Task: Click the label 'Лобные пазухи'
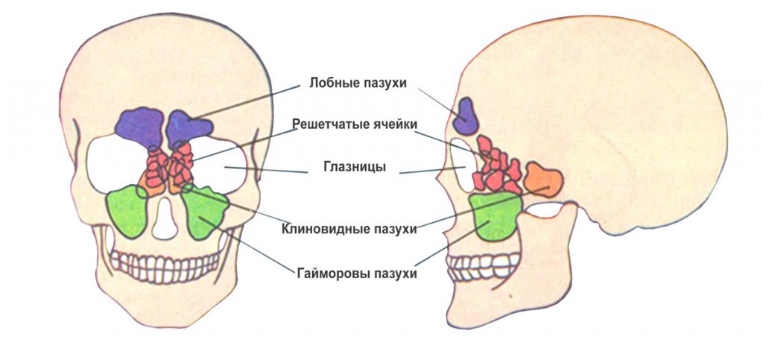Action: click(358, 83)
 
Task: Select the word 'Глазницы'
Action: click(354, 168)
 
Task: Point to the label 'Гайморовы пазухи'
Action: click(352, 274)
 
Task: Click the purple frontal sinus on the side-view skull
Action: click(468, 112)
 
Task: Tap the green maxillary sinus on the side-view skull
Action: click(495, 215)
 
